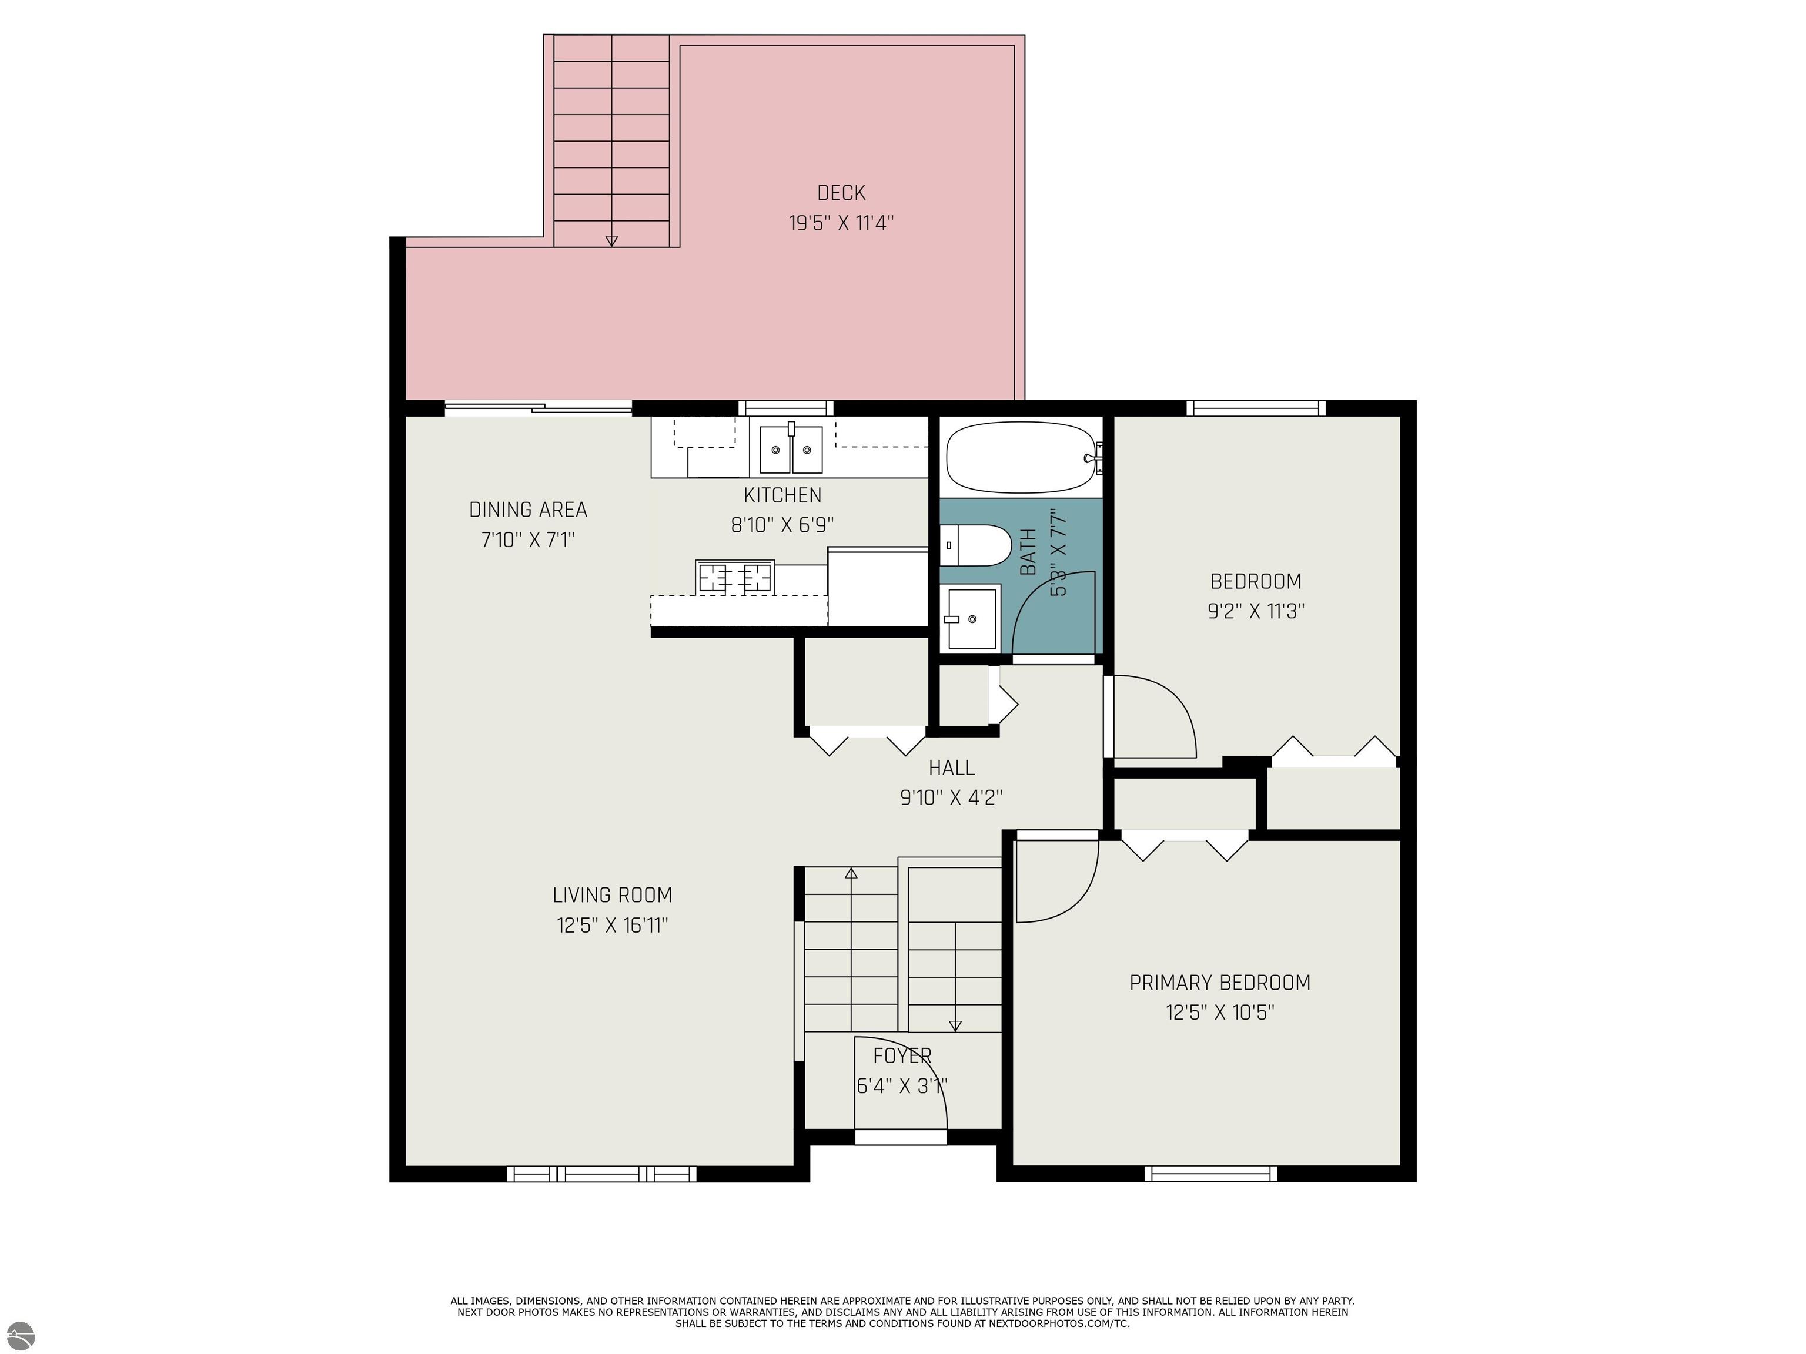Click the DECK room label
(x=841, y=193)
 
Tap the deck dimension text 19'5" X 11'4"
(x=841, y=223)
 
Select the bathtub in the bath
(x=1021, y=457)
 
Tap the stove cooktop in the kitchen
(x=735, y=577)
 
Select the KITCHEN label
(x=782, y=495)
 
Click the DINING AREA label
(x=529, y=510)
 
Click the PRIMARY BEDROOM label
(x=1220, y=983)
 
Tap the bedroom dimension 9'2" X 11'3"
(x=1256, y=611)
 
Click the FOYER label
(x=902, y=1056)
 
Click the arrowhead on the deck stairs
(x=611, y=241)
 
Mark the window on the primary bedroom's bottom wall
(x=1211, y=1174)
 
